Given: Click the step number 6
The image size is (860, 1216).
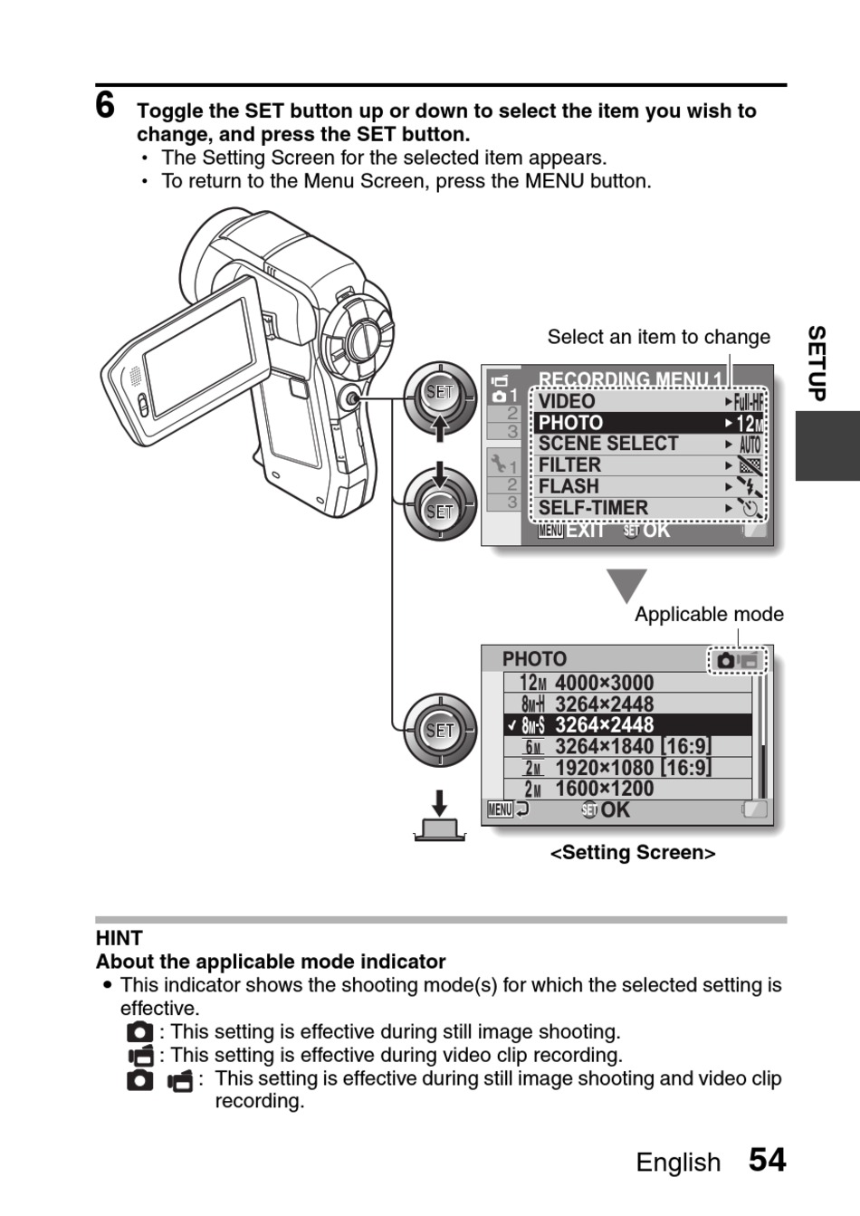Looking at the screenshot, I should click(106, 106).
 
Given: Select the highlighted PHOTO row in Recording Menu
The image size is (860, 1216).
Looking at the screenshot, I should click(647, 423).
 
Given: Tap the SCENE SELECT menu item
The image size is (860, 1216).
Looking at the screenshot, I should click(647, 444).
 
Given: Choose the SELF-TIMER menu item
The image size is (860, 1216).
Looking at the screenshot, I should click(647, 508).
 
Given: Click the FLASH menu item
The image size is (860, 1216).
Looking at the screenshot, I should click(647, 486).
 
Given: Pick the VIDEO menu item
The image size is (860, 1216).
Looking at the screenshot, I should click(647, 401).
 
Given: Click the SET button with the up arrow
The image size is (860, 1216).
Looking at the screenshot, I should click(440, 395).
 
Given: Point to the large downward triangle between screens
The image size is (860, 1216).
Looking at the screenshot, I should click(626, 585).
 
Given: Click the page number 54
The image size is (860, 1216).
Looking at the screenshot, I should click(767, 1160).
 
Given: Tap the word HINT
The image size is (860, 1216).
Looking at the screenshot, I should click(119, 938).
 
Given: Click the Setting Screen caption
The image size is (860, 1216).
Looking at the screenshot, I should click(633, 853).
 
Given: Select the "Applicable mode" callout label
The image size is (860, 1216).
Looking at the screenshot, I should click(709, 615).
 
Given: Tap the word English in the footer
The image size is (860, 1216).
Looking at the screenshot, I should click(678, 1163).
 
